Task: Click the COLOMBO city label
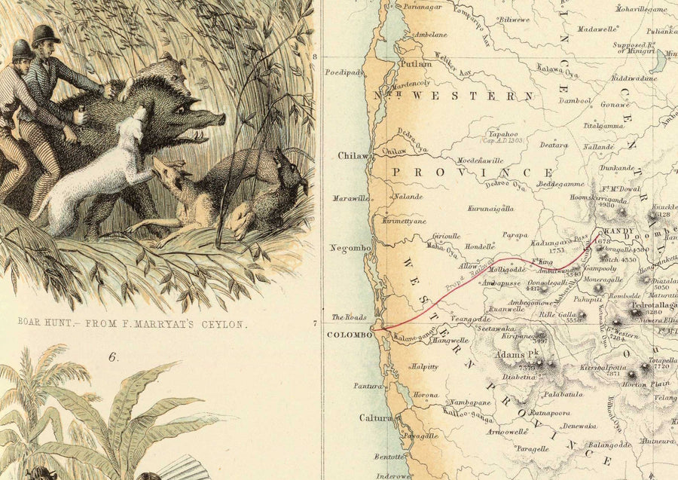[x=349, y=334]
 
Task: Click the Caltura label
[x=375, y=417]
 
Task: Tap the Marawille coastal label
[x=351, y=199]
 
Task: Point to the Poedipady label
[x=344, y=73]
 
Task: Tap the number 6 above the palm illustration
[x=113, y=356]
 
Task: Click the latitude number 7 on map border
[x=315, y=324]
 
